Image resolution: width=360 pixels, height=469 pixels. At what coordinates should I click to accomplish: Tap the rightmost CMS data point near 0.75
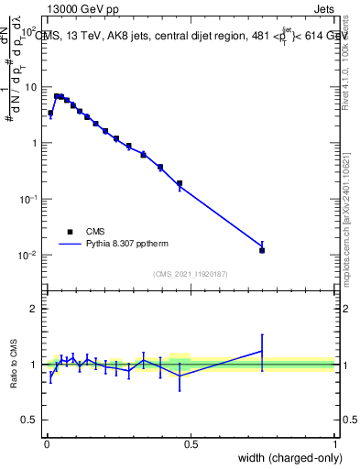coord(262,250)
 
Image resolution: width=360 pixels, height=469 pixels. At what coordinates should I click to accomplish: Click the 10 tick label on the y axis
coord(29,87)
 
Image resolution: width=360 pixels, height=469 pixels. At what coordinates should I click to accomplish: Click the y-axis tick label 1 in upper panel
coord(34,143)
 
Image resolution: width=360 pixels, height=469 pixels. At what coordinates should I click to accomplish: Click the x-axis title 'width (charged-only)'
coord(284,459)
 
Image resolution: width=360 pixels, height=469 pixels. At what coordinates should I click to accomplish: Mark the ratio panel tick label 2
coord(34,309)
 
